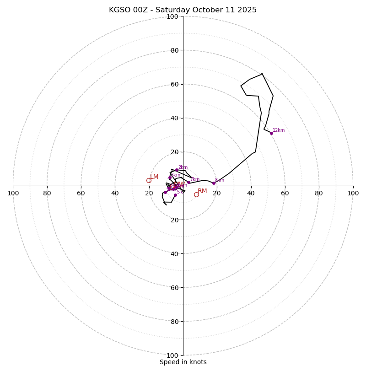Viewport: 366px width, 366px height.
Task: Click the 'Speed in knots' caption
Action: [x=183, y=362]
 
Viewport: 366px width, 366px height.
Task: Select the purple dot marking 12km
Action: [x=271, y=133]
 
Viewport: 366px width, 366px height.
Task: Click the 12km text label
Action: [x=279, y=130]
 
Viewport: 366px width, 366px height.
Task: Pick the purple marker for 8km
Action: [x=214, y=183]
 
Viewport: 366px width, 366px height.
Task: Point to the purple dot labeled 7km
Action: [x=188, y=182]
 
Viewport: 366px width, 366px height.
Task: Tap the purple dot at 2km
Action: [x=177, y=170]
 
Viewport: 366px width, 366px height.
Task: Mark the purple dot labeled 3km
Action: [x=170, y=178]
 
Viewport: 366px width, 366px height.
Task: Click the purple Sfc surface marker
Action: [x=175, y=195]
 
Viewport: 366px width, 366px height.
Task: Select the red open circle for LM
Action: [x=149, y=180]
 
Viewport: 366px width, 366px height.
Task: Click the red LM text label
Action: [x=155, y=177]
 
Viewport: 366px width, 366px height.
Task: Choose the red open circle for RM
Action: [x=196, y=194]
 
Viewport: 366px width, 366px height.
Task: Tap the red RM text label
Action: [x=202, y=191]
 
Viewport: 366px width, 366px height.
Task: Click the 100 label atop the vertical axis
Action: [x=172, y=16]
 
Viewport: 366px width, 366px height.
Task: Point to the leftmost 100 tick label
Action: [x=13, y=193]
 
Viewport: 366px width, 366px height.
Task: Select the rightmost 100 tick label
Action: [x=353, y=193]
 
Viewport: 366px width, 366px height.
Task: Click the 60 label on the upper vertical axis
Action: [x=174, y=84]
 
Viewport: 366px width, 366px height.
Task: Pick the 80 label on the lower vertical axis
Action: [x=174, y=321]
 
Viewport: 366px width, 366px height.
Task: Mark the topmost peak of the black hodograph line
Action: [x=262, y=73]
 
